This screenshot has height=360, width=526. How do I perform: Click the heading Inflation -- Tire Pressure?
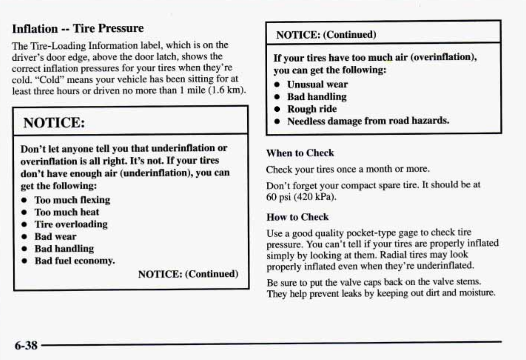click(x=78, y=28)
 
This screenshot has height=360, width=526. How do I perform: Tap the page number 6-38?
click(x=26, y=345)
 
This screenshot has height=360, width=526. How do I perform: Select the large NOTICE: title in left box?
click(x=54, y=122)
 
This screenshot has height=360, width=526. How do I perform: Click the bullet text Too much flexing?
click(x=72, y=200)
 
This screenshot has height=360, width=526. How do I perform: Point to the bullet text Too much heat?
click(x=67, y=212)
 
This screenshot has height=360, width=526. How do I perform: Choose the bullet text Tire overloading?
click(x=71, y=224)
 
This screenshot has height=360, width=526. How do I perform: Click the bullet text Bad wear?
click(x=55, y=237)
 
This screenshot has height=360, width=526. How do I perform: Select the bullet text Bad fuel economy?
click(x=75, y=261)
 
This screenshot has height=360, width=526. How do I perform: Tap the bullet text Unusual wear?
click(x=317, y=84)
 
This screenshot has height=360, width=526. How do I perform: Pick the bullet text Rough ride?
click(x=312, y=109)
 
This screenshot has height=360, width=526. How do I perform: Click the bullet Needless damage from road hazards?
click(x=368, y=121)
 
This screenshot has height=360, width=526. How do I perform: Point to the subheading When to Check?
click(x=300, y=153)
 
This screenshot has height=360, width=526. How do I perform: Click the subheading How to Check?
click(x=298, y=217)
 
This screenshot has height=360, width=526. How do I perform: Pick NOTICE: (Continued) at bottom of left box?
click(x=188, y=274)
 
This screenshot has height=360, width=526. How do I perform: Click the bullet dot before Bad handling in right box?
click(x=277, y=97)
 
